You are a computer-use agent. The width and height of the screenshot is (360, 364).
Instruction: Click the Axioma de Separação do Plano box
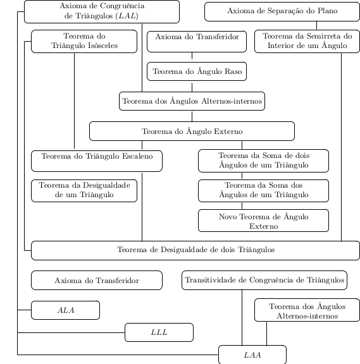282,11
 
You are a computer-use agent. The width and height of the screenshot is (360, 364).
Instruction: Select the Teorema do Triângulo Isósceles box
84,41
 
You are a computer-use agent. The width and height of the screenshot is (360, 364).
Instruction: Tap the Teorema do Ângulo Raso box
197,71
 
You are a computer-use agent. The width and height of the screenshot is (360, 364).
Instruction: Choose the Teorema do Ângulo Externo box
192,131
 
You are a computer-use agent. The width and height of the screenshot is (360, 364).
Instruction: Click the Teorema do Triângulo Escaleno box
97,161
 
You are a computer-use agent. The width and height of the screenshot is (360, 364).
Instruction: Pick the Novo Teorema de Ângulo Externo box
263,221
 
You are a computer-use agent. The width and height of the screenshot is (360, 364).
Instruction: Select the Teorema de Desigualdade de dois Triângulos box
196,250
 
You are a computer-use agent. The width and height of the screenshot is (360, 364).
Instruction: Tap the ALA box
66,310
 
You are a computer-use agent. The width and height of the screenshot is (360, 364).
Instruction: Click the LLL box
159,332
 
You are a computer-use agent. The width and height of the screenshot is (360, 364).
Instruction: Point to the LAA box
252,355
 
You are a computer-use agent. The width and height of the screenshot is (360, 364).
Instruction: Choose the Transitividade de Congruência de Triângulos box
264,280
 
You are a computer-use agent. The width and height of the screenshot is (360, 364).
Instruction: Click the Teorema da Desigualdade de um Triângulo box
84,191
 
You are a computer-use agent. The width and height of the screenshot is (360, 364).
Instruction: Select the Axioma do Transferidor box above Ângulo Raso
197,41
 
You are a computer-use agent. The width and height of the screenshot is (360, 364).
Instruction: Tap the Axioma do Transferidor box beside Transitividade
97,280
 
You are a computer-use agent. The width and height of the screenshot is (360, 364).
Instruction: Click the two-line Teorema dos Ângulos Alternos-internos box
307,310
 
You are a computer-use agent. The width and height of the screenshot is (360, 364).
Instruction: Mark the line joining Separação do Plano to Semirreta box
316,25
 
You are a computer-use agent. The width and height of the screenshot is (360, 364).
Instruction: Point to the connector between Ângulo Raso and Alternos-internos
192,87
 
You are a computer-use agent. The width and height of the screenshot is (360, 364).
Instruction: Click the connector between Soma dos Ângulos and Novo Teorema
242,205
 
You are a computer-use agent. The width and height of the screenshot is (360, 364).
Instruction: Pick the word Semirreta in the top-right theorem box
324,36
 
